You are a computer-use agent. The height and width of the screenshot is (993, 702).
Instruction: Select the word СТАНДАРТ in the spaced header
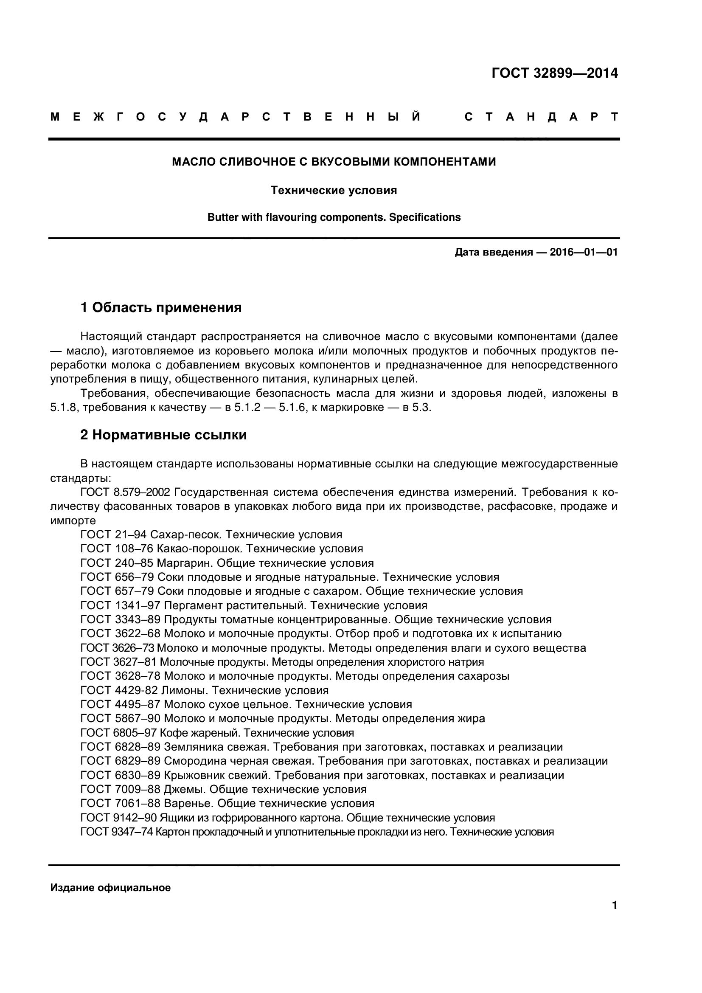click(x=541, y=117)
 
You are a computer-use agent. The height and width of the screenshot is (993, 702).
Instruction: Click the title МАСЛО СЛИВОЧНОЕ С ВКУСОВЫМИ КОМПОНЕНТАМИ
click(x=334, y=162)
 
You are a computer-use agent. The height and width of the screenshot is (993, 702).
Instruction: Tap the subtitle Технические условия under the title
click(x=334, y=190)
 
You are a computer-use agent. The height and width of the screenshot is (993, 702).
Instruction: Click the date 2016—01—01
click(x=584, y=252)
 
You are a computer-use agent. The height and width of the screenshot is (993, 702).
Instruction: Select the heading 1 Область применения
click(x=161, y=307)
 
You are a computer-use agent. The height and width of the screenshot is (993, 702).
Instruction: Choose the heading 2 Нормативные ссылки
click(x=163, y=435)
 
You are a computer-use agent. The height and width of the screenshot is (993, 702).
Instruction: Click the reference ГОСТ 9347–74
click(x=117, y=832)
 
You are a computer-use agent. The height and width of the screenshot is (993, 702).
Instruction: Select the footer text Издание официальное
click(x=110, y=888)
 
